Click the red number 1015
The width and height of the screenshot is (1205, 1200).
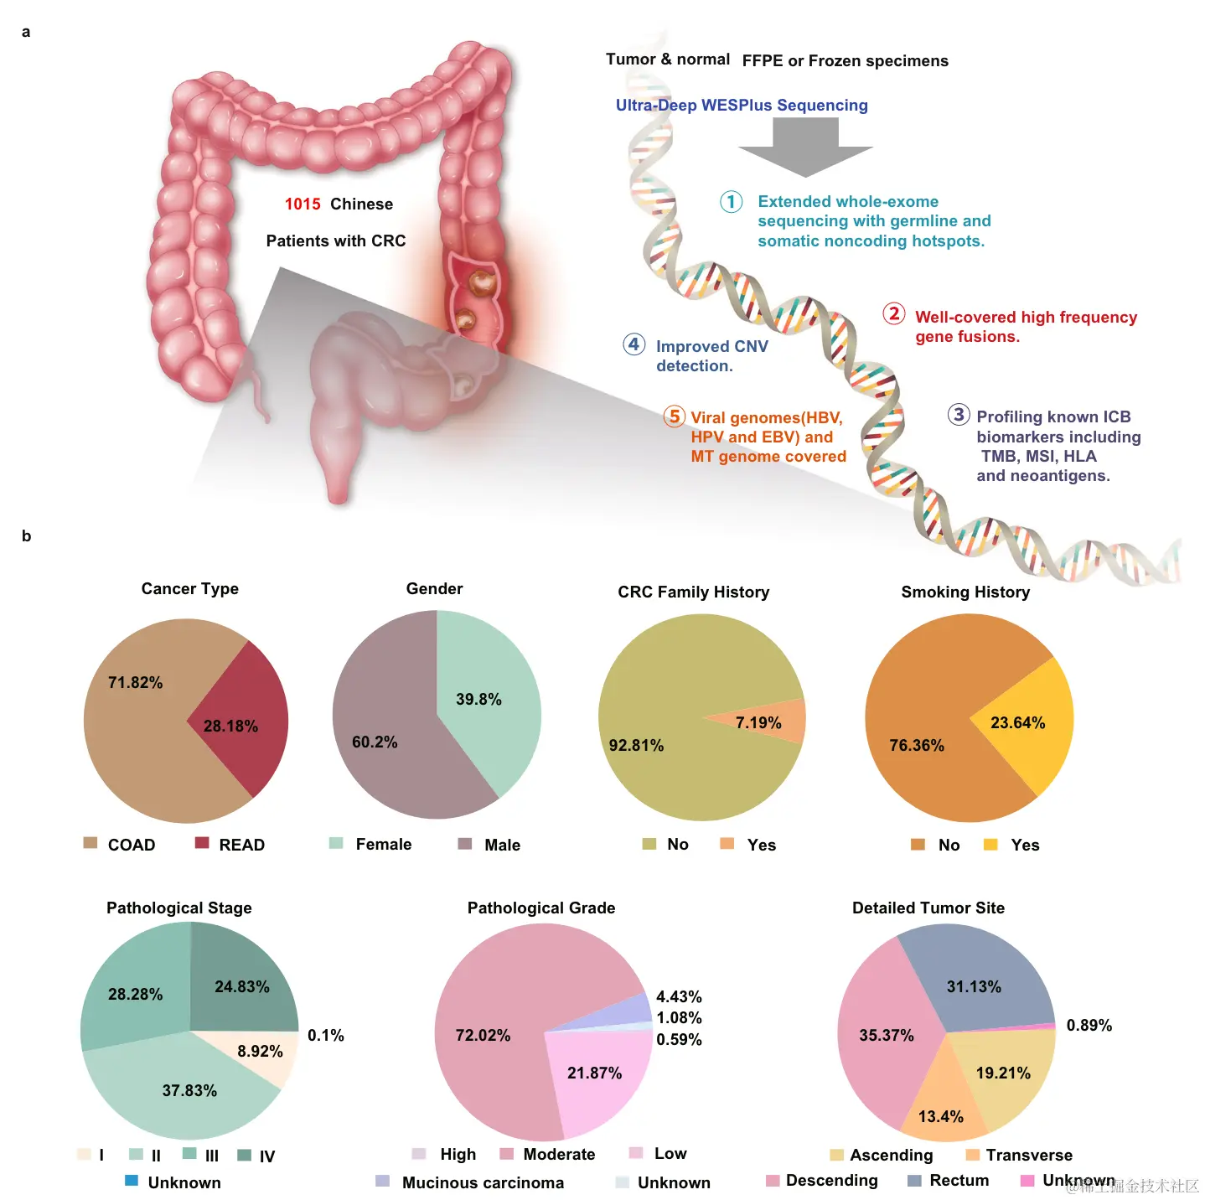tap(303, 204)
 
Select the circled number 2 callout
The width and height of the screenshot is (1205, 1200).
tap(894, 314)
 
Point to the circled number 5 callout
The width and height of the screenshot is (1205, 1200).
tap(674, 416)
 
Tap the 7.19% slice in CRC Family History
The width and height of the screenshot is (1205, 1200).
tap(771, 722)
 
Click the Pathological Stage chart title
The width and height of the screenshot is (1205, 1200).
tap(178, 908)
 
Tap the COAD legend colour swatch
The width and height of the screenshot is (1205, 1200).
tap(91, 843)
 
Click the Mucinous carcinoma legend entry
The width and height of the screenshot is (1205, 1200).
tap(483, 1182)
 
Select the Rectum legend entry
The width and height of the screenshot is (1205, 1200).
tap(959, 1181)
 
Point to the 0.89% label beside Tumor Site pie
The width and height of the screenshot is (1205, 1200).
tap(1089, 1026)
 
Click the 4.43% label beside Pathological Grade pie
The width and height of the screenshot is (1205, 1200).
tap(679, 997)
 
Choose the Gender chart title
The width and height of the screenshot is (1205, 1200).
tap(434, 589)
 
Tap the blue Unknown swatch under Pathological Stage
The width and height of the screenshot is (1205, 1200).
tap(132, 1181)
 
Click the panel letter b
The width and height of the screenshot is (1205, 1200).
tap(26, 536)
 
